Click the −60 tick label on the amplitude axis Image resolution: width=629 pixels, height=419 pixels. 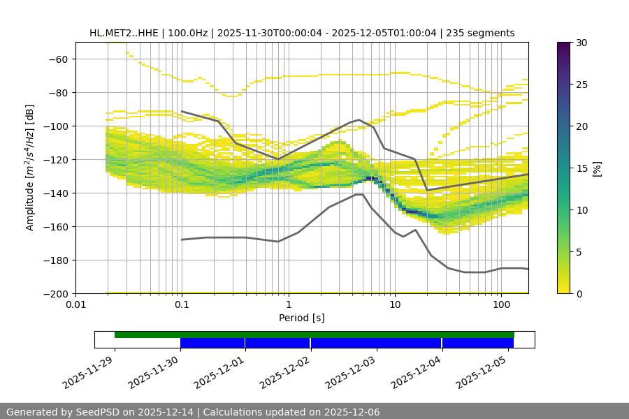pos(57,59)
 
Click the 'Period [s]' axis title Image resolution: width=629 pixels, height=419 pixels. pos(302,318)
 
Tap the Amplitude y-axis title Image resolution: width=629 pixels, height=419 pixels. pos(30,168)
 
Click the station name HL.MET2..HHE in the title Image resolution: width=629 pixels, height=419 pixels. pos(124,33)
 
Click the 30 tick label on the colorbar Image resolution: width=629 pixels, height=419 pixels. pos(581,43)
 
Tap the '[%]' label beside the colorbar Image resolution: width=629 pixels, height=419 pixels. pos(597,168)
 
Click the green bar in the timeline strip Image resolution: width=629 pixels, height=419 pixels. pos(314,335)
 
